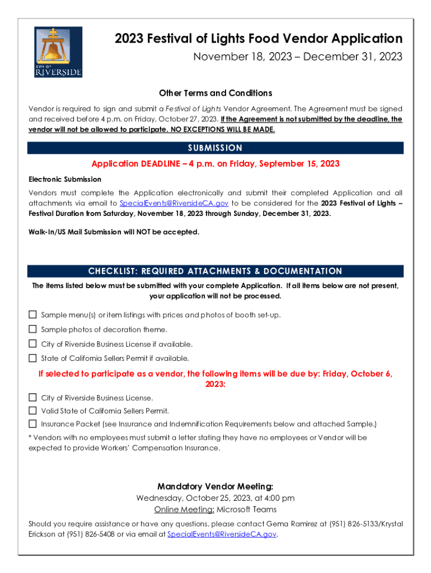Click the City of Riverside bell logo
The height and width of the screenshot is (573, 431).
point(58,52)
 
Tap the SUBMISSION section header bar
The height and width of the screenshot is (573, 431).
point(215,148)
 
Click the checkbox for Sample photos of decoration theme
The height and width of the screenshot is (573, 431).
point(32,329)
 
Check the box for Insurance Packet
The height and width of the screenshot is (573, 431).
point(32,424)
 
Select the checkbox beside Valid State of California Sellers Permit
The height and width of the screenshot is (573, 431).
point(32,410)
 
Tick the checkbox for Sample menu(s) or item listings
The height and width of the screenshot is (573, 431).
point(32,315)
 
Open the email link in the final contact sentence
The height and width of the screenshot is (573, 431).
point(222,534)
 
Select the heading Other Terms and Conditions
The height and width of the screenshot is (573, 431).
point(215,93)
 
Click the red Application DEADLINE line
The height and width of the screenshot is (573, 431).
point(215,164)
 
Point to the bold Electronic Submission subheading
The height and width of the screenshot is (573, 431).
point(65,179)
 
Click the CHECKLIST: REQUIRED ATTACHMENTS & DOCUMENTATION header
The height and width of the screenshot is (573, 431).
point(215,271)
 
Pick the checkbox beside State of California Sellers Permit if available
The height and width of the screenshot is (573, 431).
point(32,358)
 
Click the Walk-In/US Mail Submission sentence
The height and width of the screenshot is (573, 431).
point(114,232)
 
